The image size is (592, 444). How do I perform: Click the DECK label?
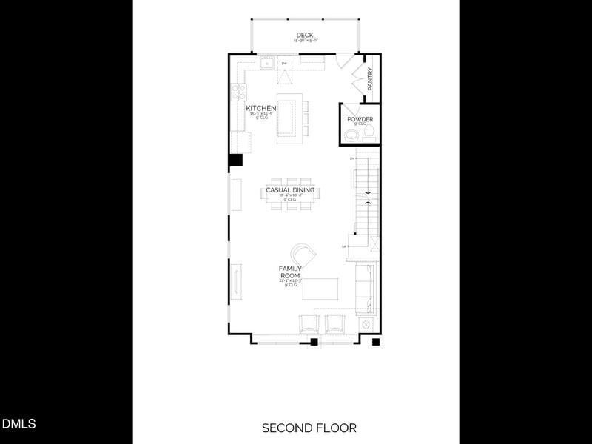[x=304, y=35]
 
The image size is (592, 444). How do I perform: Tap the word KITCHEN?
[x=261, y=109]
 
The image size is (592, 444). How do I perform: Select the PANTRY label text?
[x=370, y=80]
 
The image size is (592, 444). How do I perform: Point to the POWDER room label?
[x=360, y=119]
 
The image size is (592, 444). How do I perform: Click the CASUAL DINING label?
[x=290, y=190]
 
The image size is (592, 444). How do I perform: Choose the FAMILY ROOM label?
[x=290, y=272]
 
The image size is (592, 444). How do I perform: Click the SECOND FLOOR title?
[x=309, y=428]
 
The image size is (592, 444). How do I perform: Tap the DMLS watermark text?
[x=18, y=424]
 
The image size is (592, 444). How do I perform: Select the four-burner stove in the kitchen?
[x=239, y=92]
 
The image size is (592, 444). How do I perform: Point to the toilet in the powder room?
[x=368, y=135]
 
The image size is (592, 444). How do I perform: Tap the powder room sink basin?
[x=351, y=135]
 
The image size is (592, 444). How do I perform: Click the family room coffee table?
[x=320, y=289]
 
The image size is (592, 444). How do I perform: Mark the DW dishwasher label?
[x=284, y=64]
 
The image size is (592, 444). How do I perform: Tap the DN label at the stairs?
[x=352, y=158]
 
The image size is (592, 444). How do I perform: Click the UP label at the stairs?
[x=344, y=246]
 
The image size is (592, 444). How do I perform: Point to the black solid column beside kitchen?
[x=235, y=161]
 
